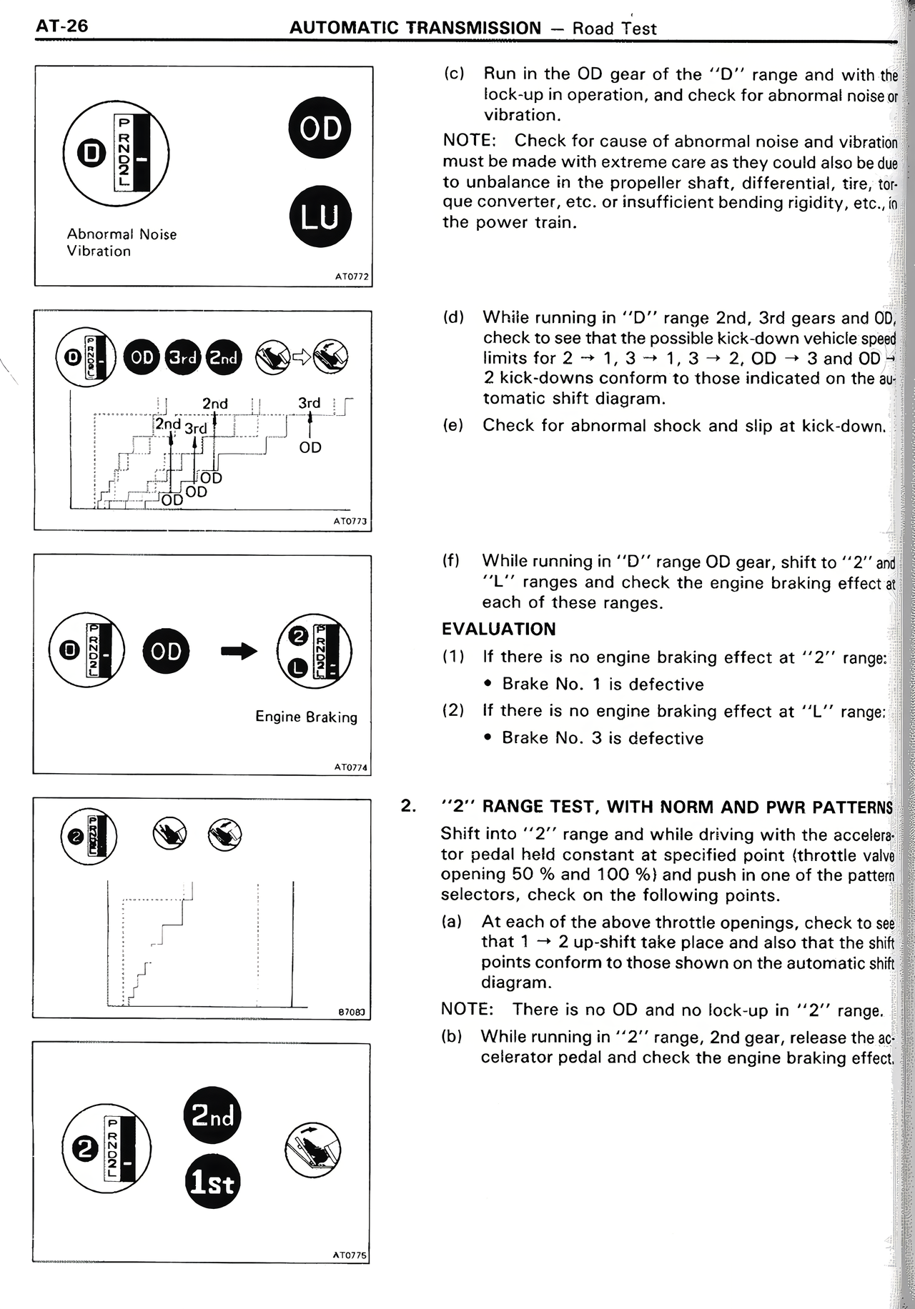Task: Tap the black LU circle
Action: tap(321, 216)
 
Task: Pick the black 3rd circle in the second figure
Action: tap(183, 358)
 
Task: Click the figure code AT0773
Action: tap(350, 522)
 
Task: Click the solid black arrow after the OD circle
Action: tap(238, 650)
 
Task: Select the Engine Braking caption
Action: tap(306, 717)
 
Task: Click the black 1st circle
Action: tap(212, 1183)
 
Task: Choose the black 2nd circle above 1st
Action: tap(212, 1115)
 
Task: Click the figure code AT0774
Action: tap(350, 767)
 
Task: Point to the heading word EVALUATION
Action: tap(498, 629)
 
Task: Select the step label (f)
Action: tap(451, 561)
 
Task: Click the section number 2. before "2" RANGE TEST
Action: tap(408, 807)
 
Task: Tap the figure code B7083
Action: tap(351, 1012)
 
